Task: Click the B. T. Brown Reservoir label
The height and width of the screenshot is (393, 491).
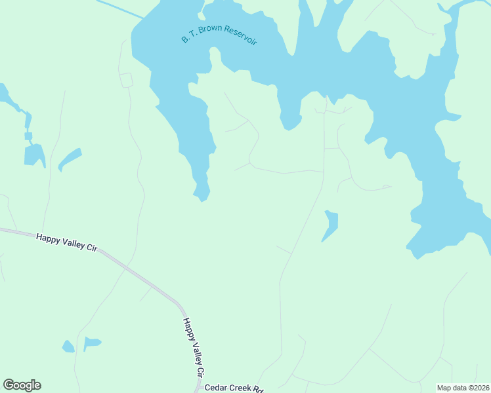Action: click(219, 35)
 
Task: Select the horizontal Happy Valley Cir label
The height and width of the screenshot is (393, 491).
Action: click(66, 243)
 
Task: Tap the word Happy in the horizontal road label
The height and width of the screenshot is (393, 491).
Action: click(48, 239)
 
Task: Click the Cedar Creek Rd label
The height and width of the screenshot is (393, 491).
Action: click(234, 388)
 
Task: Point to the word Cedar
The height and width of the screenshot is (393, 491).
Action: click(216, 388)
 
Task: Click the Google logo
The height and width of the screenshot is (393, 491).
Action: click(22, 385)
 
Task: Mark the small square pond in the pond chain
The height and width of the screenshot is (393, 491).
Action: click(28, 136)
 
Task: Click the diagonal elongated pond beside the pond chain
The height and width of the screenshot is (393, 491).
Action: click(70, 159)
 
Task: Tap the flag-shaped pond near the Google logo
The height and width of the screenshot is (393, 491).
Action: click(91, 343)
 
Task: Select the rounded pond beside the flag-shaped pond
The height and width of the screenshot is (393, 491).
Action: click(68, 346)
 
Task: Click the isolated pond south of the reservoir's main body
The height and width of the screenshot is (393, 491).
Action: click(331, 225)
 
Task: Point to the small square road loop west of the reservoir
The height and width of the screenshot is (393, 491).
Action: click(126, 80)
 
